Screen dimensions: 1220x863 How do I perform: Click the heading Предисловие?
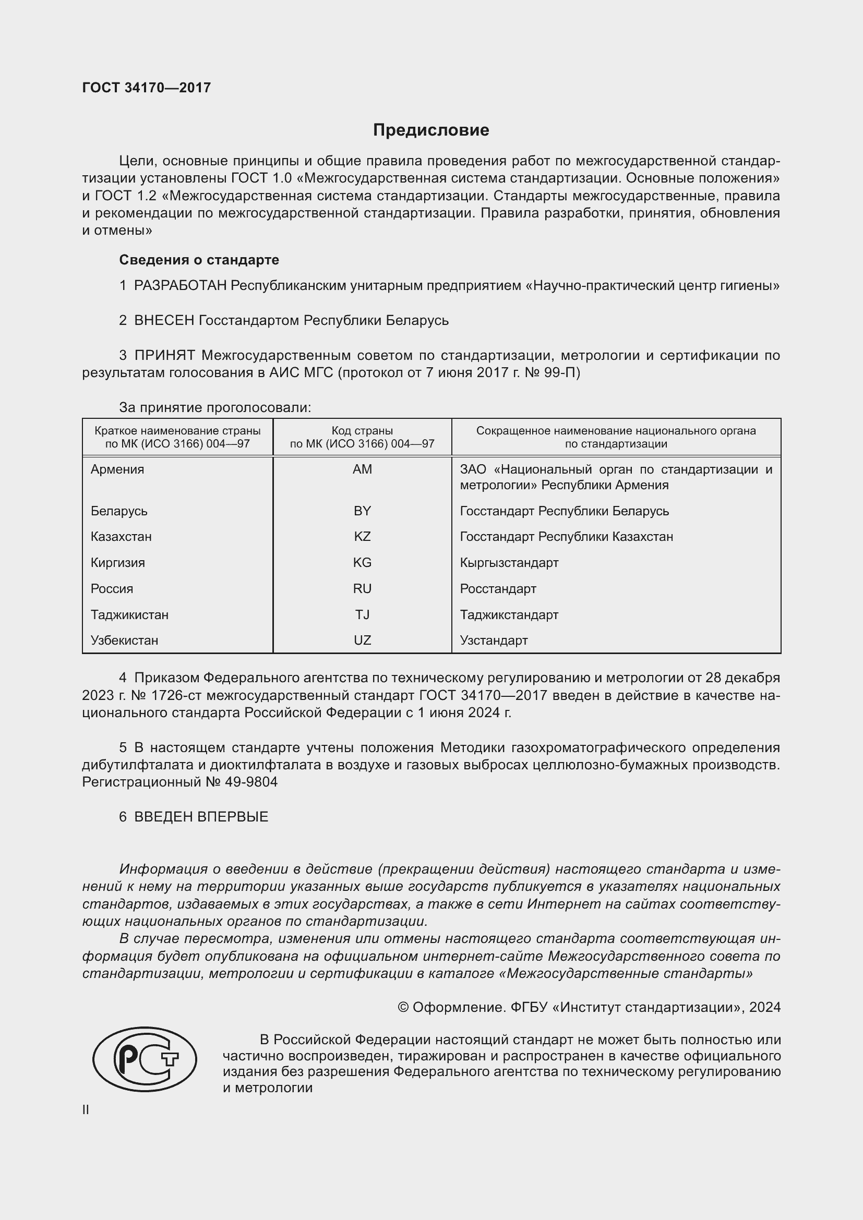coord(431,130)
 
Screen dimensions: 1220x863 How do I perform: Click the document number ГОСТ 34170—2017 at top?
coord(147,88)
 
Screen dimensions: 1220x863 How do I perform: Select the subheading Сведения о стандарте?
coord(199,260)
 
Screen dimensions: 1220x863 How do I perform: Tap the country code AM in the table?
coord(362,469)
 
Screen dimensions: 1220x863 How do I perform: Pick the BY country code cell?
coord(362,511)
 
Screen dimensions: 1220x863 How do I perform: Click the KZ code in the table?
coord(362,537)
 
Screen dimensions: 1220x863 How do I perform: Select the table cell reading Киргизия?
coord(117,563)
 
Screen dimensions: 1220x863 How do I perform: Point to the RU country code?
coord(362,589)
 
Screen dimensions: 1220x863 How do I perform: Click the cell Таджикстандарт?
coord(509,615)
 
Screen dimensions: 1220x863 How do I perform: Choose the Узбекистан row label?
coord(124,641)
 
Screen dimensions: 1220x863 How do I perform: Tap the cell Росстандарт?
coord(498,589)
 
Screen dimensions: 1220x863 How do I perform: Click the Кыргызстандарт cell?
coord(509,563)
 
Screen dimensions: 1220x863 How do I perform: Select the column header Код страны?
coord(362,431)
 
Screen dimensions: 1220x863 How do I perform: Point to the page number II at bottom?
coord(86,1110)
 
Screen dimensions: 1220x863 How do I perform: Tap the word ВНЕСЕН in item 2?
coord(164,320)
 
